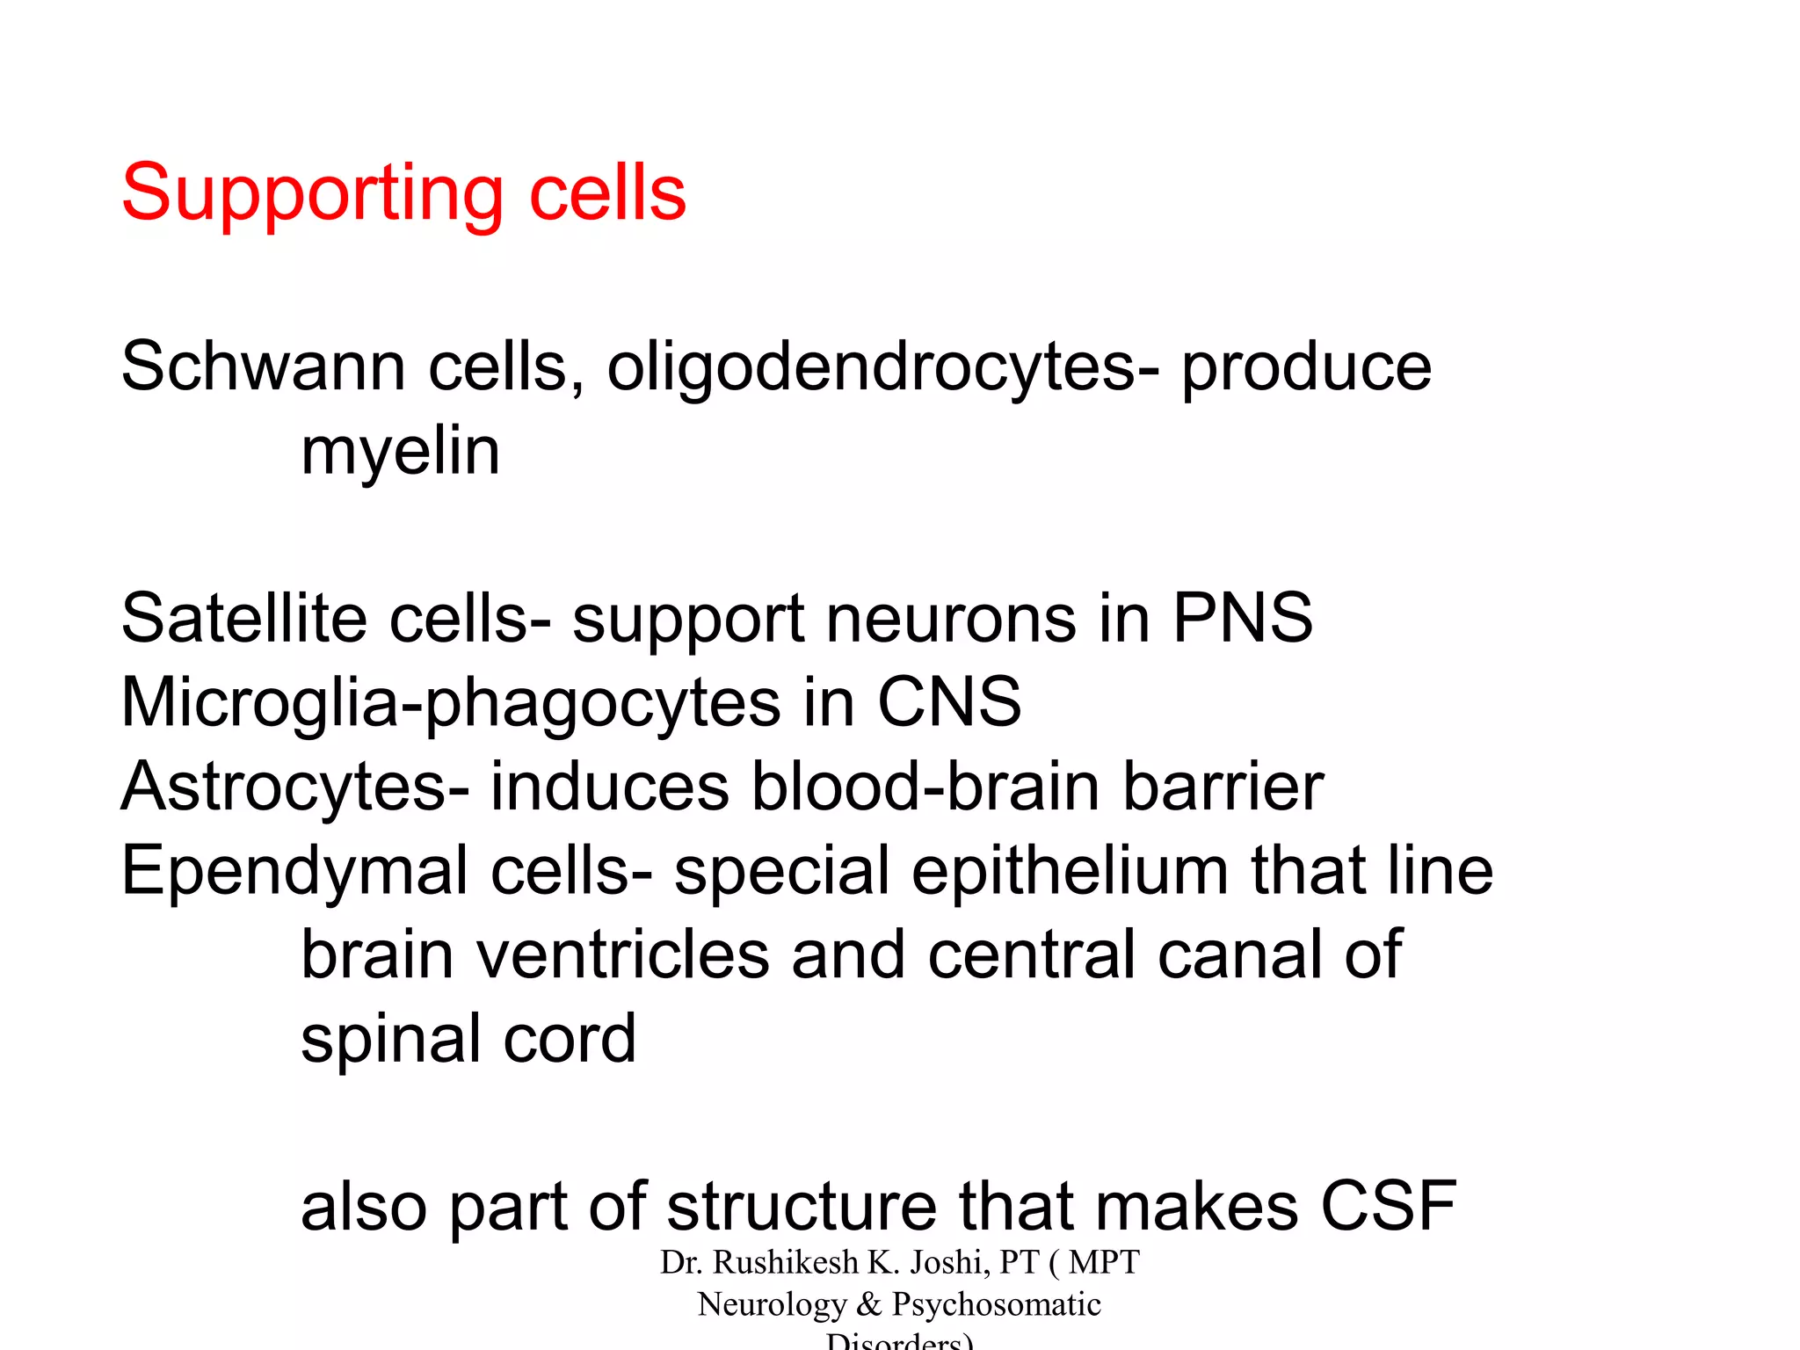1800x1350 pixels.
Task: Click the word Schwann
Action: click(x=263, y=367)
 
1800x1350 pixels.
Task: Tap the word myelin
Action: click(x=400, y=452)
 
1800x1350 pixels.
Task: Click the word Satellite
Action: click(x=243, y=618)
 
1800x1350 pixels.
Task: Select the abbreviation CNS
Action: click(x=949, y=702)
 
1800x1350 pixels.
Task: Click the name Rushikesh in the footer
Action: click(x=785, y=1262)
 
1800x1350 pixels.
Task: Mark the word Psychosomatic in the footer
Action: click(x=996, y=1304)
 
